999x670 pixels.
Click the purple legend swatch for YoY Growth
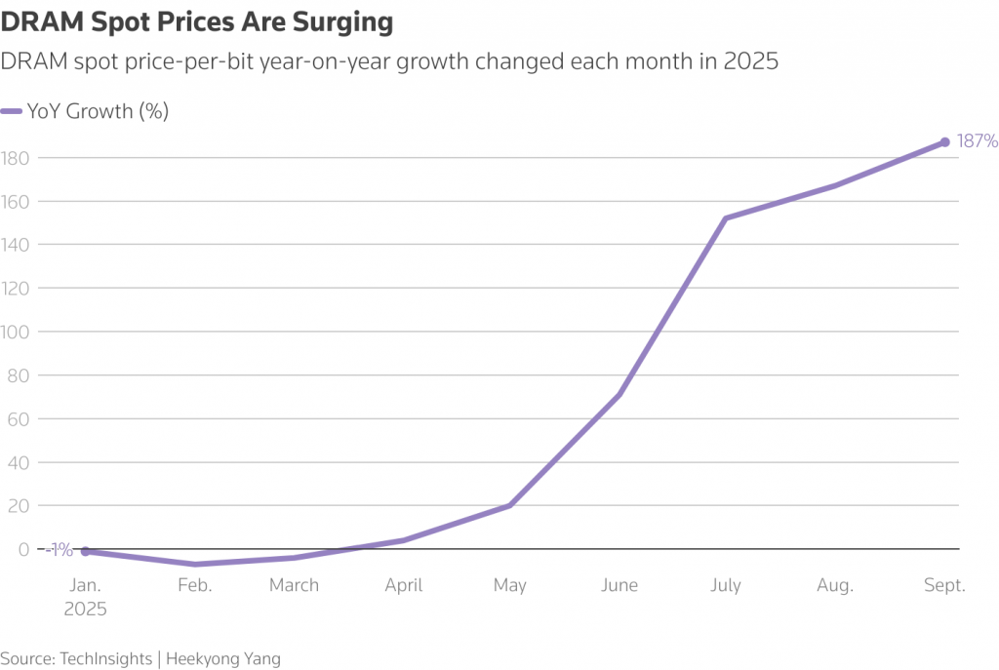pyautogui.click(x=12, y=111)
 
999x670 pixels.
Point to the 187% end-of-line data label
pyautogui.click(x=977, y=141)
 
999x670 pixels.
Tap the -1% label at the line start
pyautogui.click(x=60, y=550)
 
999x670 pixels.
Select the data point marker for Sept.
pyautogui.click(x=944, y=142)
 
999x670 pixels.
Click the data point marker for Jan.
pyautogui.click(x=85, y=551)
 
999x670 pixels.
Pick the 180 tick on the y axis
pyautogui.click(x=17, y=158)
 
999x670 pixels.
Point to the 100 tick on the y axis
pyautogui.click(x=17, y=333)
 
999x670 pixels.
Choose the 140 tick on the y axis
pyautogui.click(x=17, y=246)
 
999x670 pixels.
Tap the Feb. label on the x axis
pyautogui.click(x=194, y=586)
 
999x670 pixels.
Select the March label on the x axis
pyautogui.click(x=294, y=586)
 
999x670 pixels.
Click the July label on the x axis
pyautogui.click(x=725, y=586)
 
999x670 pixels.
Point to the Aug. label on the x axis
pyautogui.click(x=834, y=586)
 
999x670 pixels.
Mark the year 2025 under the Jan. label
pyautogui.click(x=85, y=609)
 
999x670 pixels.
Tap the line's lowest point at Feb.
pyautogui.click(x=195, y=565)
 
